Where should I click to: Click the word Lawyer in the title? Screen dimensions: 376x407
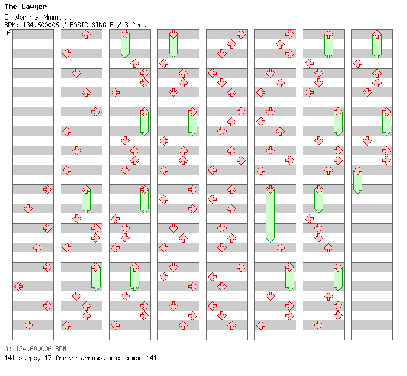pos(35,7)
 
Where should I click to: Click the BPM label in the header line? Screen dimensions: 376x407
pos(10,25)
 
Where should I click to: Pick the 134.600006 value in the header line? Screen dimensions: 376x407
pos(39,25)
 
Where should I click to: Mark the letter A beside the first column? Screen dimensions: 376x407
pos(8,32)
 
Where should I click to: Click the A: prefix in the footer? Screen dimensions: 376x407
pos(7,349)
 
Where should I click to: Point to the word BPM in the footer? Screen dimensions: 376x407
pos(60,349)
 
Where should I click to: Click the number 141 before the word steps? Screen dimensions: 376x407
pos(10,358)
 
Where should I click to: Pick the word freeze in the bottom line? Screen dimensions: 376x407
pos(63,358)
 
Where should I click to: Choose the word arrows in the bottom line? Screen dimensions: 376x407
pos(91,358)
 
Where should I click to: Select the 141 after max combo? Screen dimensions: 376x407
pos(151,358)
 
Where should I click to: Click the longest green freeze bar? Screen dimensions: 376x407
pos(270,216)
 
